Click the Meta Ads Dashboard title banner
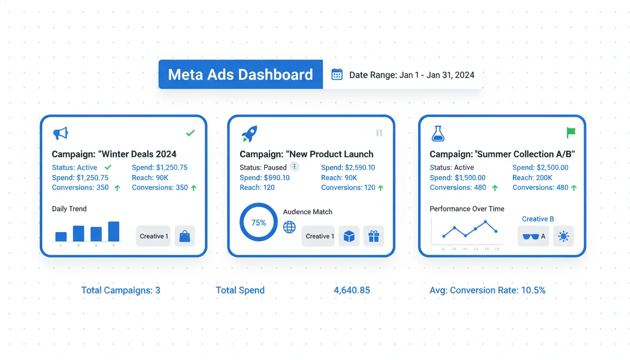[240, 75]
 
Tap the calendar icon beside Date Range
[337, 75]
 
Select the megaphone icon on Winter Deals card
[60, 134]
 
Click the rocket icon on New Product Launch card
[249, 134]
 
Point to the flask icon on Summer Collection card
[437, 134]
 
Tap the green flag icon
[570, 133]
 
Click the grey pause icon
[379, 133]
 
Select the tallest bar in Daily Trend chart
[113, 231]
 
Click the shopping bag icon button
[185, 236]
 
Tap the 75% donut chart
[258, 223]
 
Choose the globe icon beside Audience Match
[290, 227]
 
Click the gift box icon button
[374, 236]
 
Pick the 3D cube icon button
[349, 236]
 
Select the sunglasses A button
[533, 236]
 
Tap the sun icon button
[563, 236]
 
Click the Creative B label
[538, 219]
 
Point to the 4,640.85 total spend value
[352, 290]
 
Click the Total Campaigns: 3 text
[120, 290]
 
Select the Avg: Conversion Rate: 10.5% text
[487, 290]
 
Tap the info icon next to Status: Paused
[294, 167]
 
